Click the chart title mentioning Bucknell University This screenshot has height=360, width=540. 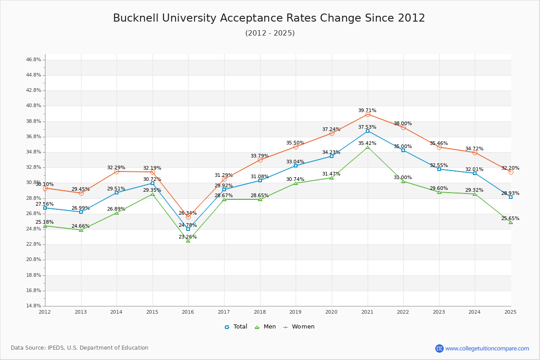(269, 18)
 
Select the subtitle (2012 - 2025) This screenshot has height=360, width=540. (270, 33)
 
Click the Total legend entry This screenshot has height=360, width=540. (236, 327)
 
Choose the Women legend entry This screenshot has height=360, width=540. (298, 327)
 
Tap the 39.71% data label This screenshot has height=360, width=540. (367, 110)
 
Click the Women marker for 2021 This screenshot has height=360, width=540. (368, 115)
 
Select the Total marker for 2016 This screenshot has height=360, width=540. (188, 229)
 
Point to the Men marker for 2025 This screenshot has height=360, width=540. (511, 222)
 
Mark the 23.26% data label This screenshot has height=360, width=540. (188, 237)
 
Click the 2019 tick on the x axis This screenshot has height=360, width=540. (296, 312)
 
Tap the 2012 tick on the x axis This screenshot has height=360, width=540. (45, 312)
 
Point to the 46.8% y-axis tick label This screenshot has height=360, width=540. (34, 59)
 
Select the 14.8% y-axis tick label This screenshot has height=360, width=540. (34, 306)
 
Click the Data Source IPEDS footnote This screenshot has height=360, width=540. (80, 348)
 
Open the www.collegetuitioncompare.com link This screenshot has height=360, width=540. (487, 348)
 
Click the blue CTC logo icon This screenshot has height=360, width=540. (439, 348)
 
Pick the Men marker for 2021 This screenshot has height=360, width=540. (368, 148)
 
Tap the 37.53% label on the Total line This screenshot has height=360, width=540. (367, 127)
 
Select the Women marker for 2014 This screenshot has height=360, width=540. (117, 171)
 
